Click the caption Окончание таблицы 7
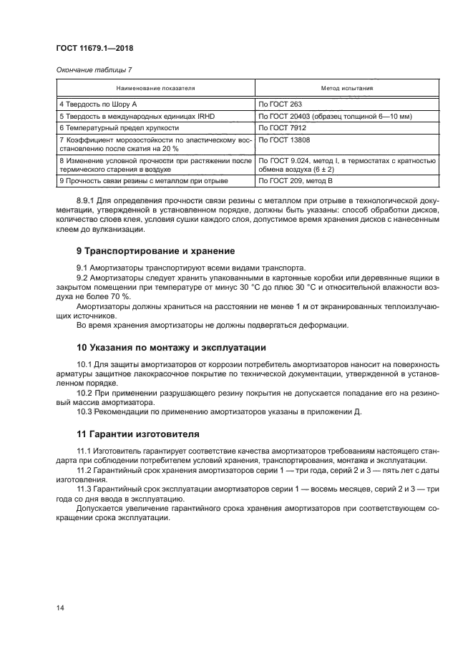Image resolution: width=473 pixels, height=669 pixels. (90, 69)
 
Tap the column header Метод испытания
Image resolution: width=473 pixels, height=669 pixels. (346, 89)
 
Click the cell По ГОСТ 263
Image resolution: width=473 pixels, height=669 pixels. (282, 104)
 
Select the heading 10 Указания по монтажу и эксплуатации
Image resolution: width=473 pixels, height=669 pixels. (171, 348)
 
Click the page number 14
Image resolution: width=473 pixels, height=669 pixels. (61, 607)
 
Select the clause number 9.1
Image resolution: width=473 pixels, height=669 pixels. (83, 267)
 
